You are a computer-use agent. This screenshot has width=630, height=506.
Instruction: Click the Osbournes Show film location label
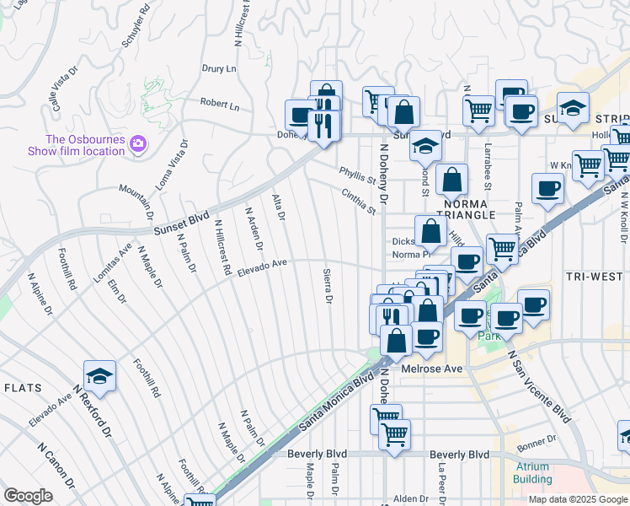85,139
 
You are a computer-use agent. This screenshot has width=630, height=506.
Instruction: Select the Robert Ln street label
220,105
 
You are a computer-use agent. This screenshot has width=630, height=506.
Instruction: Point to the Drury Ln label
219,68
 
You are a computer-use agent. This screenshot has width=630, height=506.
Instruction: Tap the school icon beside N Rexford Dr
99,377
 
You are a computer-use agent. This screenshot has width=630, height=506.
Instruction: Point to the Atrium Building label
532,472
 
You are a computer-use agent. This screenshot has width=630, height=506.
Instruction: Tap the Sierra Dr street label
328,287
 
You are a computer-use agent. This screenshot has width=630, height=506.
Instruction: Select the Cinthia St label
359,200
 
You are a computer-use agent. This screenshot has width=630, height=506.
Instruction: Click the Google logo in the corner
28,496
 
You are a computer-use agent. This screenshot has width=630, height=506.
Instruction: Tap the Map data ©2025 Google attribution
577,499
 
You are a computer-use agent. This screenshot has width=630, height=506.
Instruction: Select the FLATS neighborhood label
24,387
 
